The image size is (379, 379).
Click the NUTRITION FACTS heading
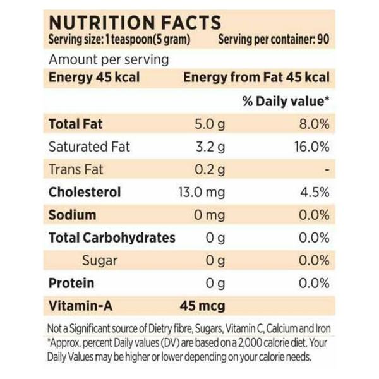tap(135, 23)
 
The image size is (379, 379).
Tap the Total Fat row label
tap(75, 124)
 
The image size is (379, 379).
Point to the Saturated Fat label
tap(89, 147)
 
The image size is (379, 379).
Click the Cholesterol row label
tap(85, 192)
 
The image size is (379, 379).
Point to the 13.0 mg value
tap(202, 192)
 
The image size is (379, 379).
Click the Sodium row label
tap(73, 215)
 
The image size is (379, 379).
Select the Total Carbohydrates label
tap(112, 238)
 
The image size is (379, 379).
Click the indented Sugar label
tap(100, 260)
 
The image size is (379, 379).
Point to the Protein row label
tap(71, 283)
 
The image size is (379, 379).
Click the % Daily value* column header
tap(286, 100)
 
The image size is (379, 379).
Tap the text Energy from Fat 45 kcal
tap(256, 78)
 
